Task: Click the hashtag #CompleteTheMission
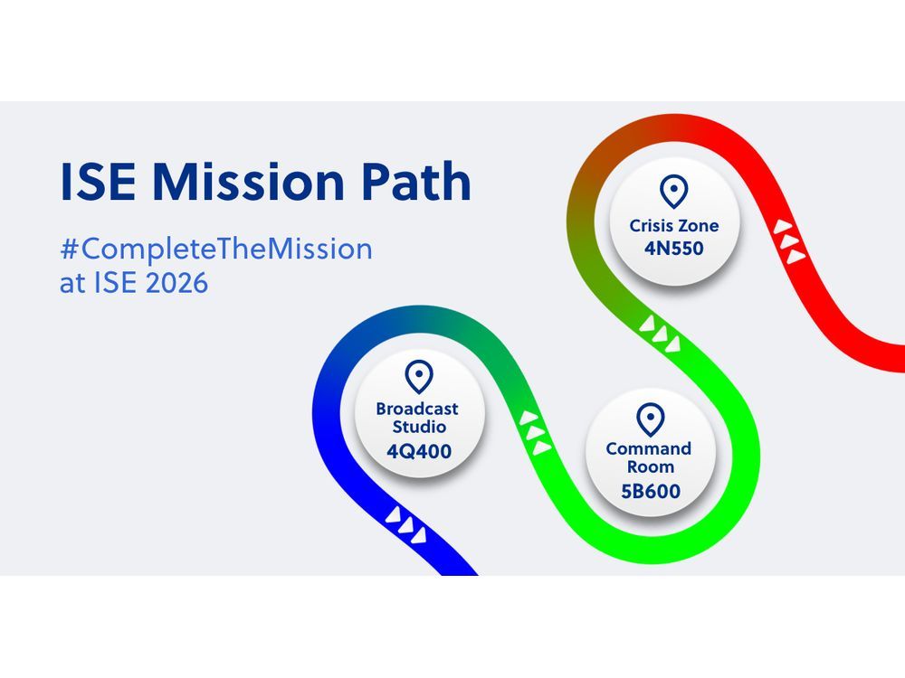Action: pyautogui.click(x=216, y=250)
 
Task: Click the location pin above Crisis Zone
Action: pyautogui.click(x=673, y=192)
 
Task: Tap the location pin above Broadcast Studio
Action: pyautogui.click(x=419, y=377)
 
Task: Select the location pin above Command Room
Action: pyautogui.click(x=651, y=419)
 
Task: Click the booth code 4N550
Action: pyautogui.click(x=674, y=249)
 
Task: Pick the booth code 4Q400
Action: pyautogui.click(x=419, y=451)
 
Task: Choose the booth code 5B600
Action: pyautogui.click(x=651, y=491)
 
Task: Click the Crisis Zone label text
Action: pyautogui.click(x=674, y=225)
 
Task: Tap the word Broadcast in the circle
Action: pyautogui.click(x=416, y=409)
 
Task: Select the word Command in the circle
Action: pyautogui.click(x=649, y=448)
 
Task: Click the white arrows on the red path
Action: pyautogui.click(x=789, y=241)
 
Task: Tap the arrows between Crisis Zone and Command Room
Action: pyautogui.click(x=660, y=334)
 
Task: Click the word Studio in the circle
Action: pyautogui.click(x=419, y=428)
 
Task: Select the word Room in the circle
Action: pyautogui.click(x=651, y=467)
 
